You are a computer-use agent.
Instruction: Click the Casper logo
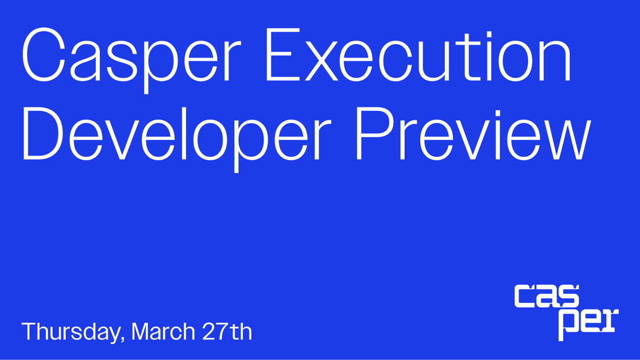point(566,312)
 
